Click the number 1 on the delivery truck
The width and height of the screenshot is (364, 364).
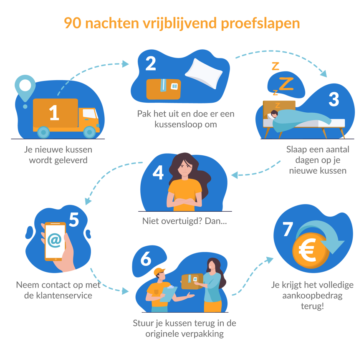pyautogui.click(x=54, y=113)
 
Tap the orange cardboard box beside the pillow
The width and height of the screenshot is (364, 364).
pyautogui.click(x=163, y=88)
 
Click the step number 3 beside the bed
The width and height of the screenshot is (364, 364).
pyautogui.click(x=334, y=99)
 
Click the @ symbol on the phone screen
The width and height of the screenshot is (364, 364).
pyautogui.click(x=54, y=240)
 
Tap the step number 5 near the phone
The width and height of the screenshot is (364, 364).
pyautogui.click(x=74, y=220)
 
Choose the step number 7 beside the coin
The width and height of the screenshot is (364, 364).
pyautogui.click(x=288, y=229)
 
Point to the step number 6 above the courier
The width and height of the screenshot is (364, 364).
pyautogui.click(x=146, y=259)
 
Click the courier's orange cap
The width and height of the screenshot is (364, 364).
pyautogui.click(x=159, y=272)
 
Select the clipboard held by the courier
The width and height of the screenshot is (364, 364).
pyautogui.click(x=169, y=293)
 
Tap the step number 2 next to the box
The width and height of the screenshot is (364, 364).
pyautogui.click(x=150, y=63)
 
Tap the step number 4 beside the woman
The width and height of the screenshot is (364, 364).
pyautogui.click(x=158, y=172)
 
